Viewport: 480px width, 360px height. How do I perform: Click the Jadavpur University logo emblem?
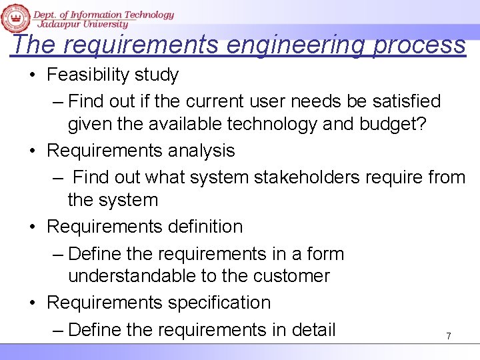tap(15, 17)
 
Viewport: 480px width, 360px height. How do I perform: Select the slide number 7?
tap(448, 337)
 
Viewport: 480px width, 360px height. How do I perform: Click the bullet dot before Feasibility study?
tap(33, 75)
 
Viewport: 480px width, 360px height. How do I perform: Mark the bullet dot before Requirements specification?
tap(33, 303)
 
